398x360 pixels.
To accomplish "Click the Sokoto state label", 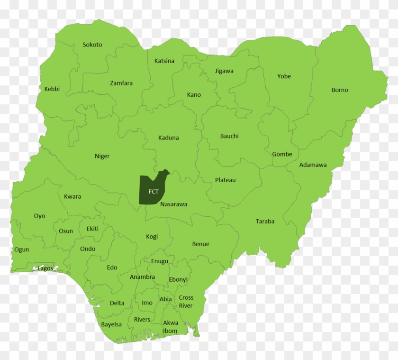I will (x=92, y=45).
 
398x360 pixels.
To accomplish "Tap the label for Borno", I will (x=340, y=90).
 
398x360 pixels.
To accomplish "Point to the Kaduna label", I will (x=168, y=138).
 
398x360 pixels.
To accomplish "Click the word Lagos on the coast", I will (x=45, y=268).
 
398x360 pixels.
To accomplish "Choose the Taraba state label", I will (x=265, y=221).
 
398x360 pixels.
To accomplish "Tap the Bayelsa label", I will (x=111, y=324).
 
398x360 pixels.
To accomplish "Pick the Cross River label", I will (x=186, y=302).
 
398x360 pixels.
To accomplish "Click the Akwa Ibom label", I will (x=171, y=327).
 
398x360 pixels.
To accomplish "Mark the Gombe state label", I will (x=282, y=154).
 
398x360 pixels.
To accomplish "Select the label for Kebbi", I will (x=52, y=89).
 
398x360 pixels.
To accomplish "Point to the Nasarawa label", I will (x=173, y=204).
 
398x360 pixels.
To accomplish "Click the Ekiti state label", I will (x=92, y=229).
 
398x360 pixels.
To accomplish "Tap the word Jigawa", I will (x=224, y=71).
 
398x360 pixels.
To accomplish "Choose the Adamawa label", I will (x=313, y=165).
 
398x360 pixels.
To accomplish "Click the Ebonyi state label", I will (x=178, y=279).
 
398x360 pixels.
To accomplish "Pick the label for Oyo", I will (x=39, y=216).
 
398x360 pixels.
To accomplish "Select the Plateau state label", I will (x=225, y=180).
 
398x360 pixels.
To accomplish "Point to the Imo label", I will (x=147, y=303).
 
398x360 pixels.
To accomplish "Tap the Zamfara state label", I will (x=121, y=83).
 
